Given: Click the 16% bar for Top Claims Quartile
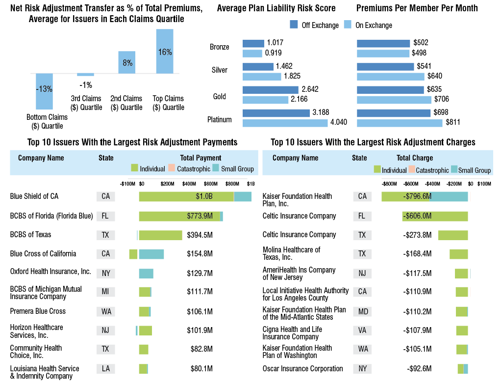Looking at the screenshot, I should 165,52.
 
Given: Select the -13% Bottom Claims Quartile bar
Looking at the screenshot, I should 44,91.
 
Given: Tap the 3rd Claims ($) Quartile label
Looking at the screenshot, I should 87,103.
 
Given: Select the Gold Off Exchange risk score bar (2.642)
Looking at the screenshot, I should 270,90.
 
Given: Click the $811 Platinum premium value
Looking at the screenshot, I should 452,122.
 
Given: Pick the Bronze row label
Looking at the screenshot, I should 219,47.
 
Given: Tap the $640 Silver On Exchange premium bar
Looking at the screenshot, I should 390,76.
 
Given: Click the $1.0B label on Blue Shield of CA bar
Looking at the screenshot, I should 204,196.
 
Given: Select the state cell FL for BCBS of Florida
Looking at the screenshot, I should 105,216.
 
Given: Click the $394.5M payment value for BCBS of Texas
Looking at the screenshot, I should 200,235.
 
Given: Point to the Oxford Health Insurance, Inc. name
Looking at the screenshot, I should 50,272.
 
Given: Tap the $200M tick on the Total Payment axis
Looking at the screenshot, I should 168,184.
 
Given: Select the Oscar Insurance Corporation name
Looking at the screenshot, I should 302,368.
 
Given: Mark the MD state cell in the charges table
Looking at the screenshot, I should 362,313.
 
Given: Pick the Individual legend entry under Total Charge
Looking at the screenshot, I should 390,170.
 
